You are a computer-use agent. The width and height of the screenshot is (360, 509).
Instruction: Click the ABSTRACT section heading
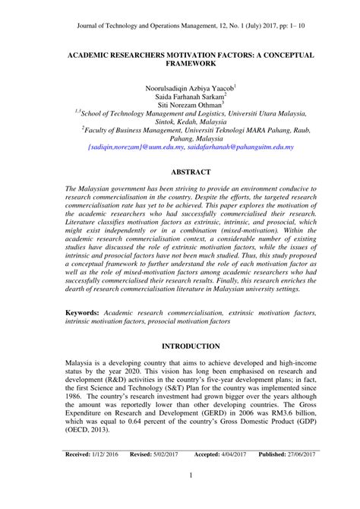coord(179,172)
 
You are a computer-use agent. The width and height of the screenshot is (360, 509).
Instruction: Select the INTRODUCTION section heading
coord(179,346)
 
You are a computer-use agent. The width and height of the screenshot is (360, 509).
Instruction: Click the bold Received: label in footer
coord(80,475)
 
